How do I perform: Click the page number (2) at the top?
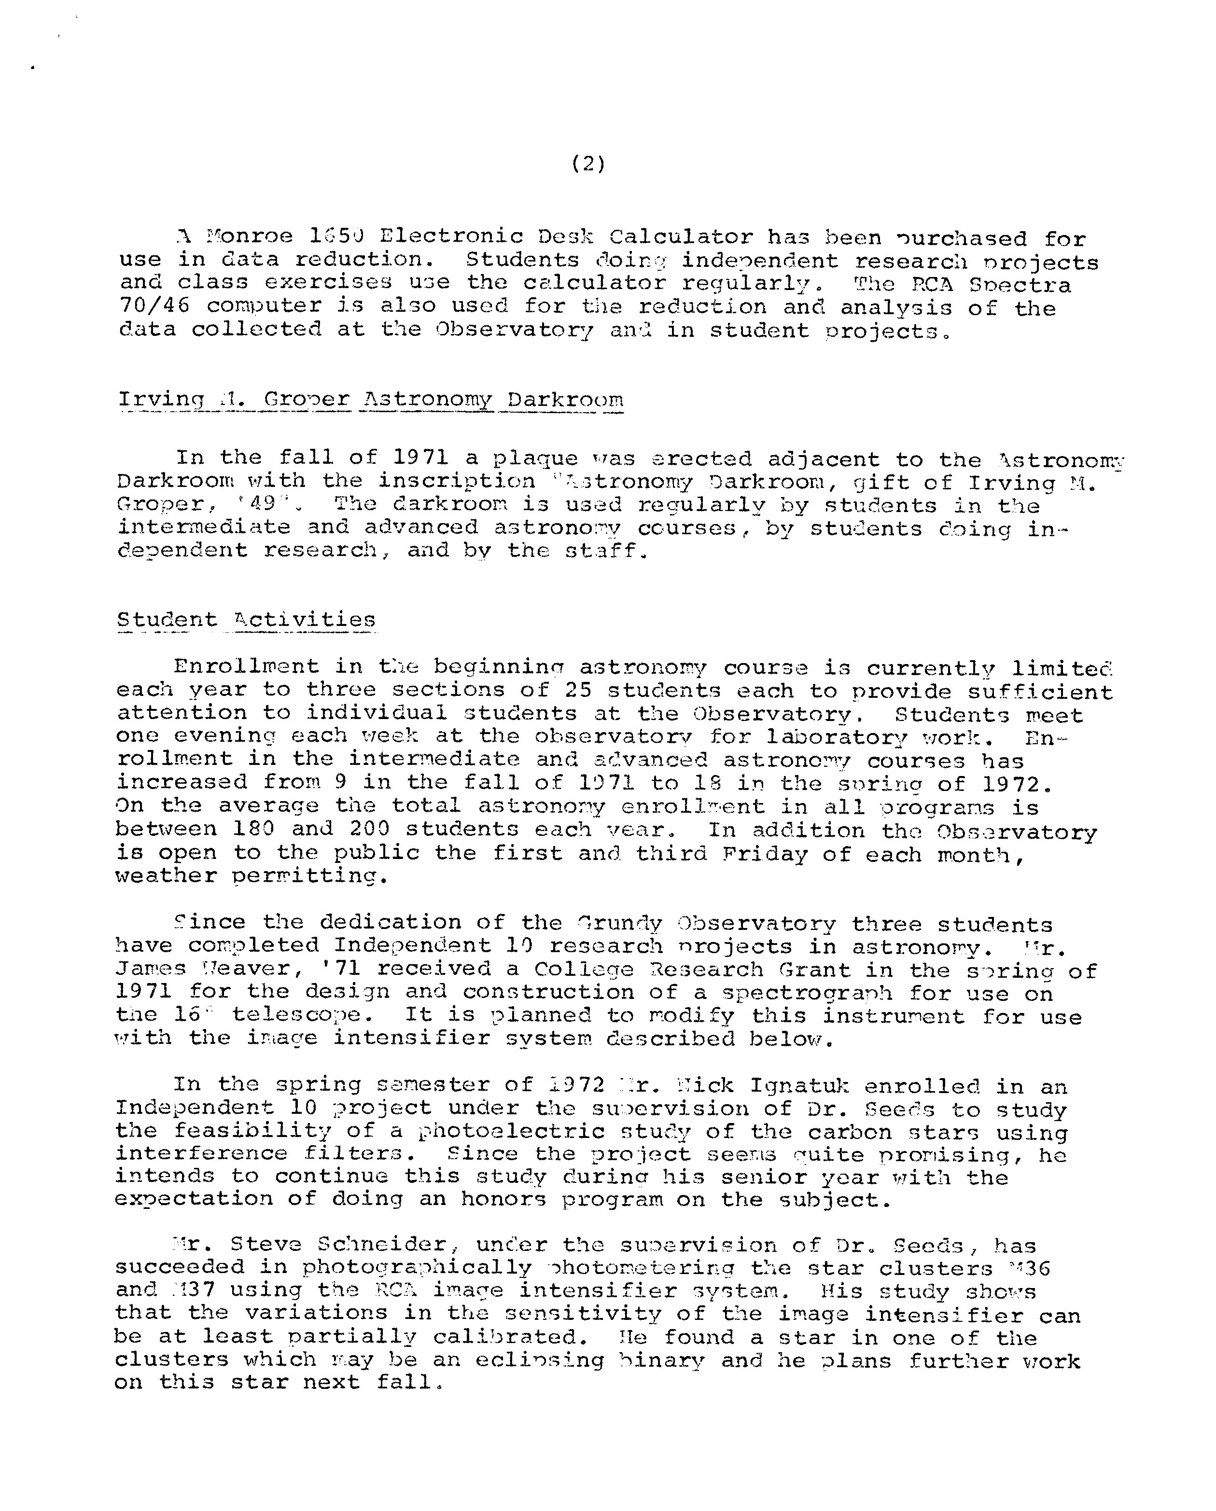[x=588, y=164]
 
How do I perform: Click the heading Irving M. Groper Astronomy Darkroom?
[x=371, y=400]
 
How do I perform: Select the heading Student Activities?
[x=246, y=620]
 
